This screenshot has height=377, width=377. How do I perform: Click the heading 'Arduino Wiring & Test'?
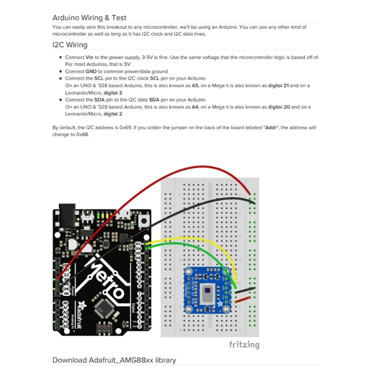click(89, 18)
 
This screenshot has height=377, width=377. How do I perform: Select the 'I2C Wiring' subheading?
click(70, 45)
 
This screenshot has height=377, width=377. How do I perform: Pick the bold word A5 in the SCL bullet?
click(196, 86)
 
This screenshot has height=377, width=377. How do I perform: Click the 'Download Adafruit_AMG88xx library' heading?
click(114, 360)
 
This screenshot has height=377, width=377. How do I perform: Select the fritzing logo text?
click(244, 344)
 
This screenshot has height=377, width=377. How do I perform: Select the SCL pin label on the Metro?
click(138, 244)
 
